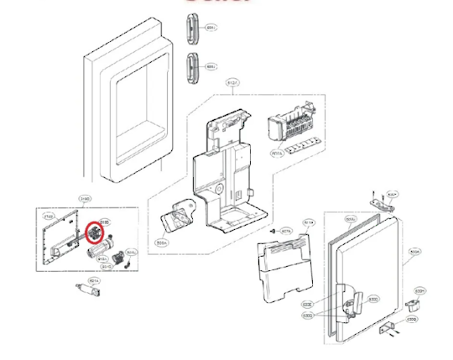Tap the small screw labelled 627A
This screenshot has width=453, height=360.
coord(273,230)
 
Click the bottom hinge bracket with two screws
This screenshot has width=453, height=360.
coord(386,327)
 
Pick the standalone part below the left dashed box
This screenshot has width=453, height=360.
coord(90,291)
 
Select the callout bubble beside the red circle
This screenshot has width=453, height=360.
coord(105,222)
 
